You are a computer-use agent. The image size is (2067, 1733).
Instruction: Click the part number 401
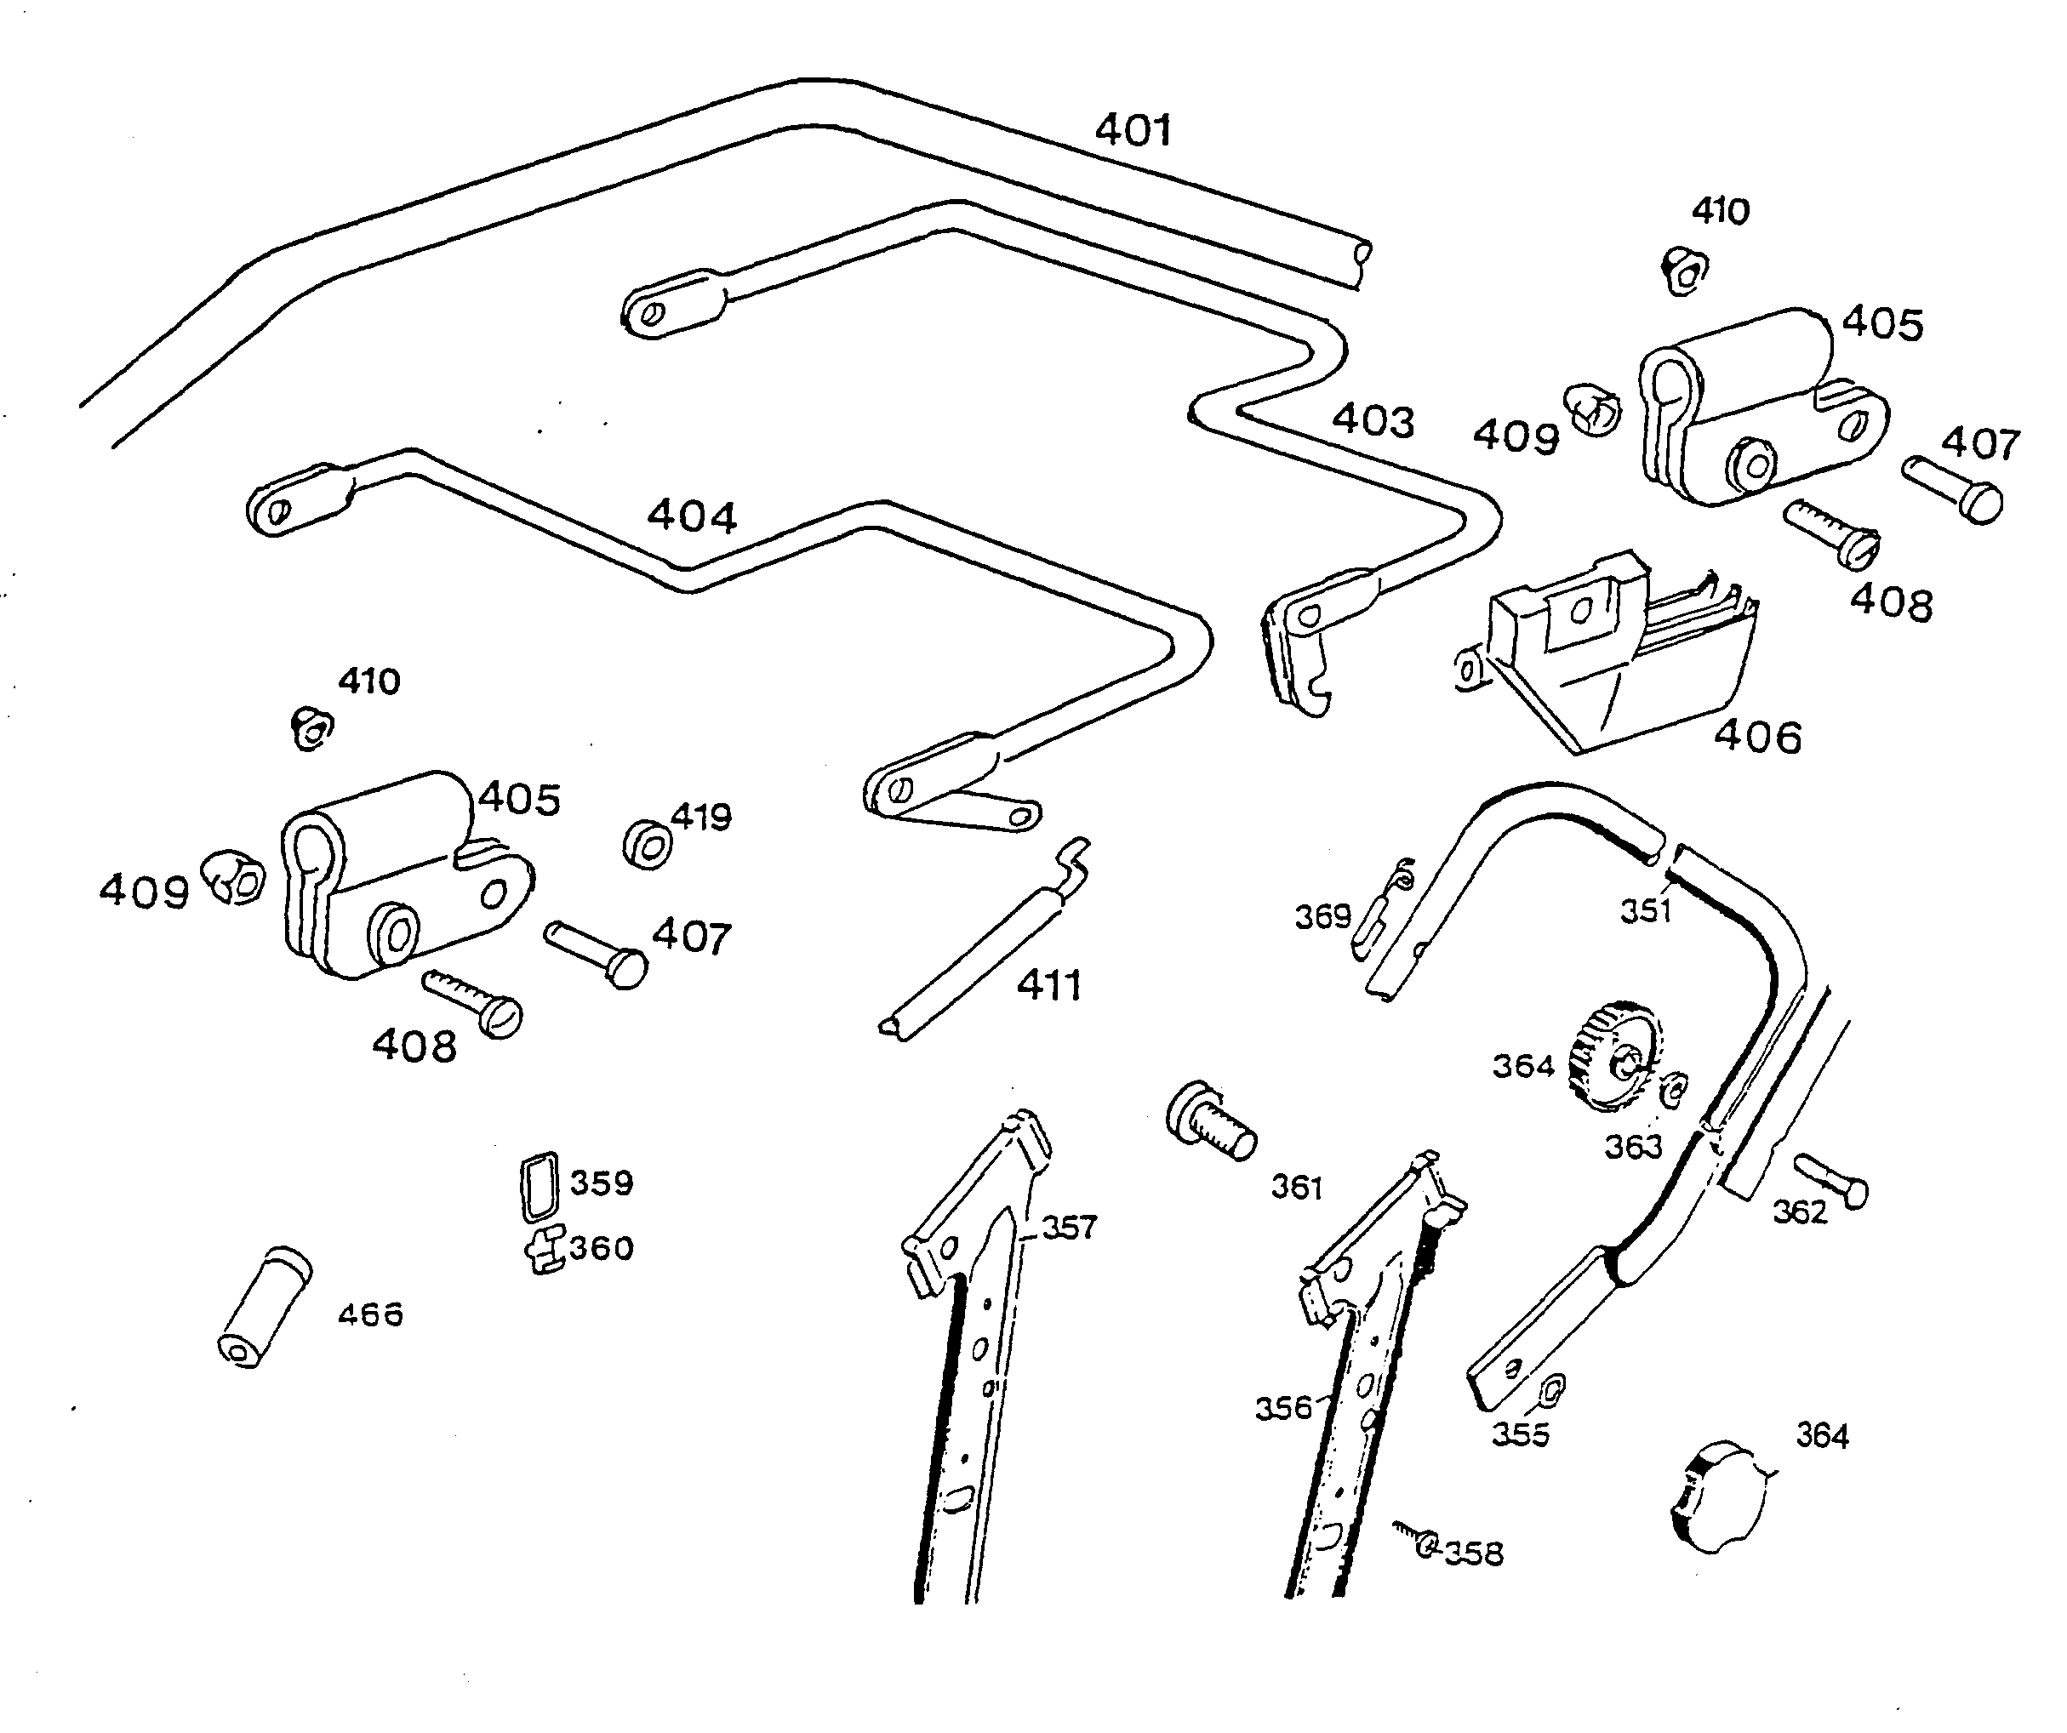tap(1133, 130)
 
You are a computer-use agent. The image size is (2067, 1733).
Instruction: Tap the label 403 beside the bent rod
tap(1373, 421)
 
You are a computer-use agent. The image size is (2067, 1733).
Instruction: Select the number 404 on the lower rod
tap(691, 516)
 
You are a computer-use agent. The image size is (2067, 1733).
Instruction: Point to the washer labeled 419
tap(648, 844)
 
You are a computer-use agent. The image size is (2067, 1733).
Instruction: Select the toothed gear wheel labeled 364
tap(1614, 1057)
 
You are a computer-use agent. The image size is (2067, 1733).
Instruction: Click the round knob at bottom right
tap(1717, 1496)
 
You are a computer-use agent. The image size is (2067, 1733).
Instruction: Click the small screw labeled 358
tap(1418, 1540)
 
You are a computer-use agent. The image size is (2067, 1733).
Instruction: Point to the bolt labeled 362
tap(1830, 1181)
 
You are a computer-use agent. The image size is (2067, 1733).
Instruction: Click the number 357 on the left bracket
tap(1069, 1227)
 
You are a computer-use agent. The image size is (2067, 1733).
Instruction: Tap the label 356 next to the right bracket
tap(1283, 1407)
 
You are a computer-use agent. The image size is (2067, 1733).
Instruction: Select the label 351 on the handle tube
tap(1646, 911)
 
